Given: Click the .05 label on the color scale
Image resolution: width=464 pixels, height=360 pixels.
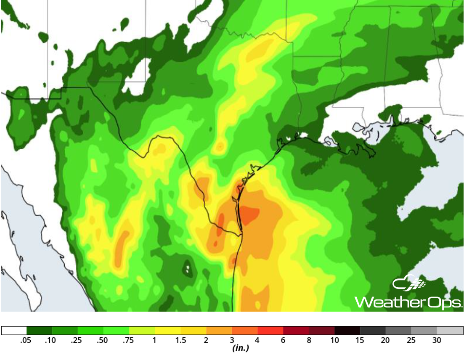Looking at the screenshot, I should click(x=26, y=340).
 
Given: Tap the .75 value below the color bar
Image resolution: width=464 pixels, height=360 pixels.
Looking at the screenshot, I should click(x=129, y=340).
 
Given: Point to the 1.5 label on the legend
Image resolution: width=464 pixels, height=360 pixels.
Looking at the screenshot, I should click(x=180, y=340).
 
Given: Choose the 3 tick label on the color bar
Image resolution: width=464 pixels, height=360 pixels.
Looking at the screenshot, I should click(x=232, y=340).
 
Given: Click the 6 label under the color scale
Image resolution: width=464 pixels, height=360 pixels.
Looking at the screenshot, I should click(x=283, y=340).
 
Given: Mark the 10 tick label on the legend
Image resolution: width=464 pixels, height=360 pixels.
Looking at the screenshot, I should click(x=334, y=340).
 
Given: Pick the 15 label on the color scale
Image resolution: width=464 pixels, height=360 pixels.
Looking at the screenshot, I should click(x=360, y=340).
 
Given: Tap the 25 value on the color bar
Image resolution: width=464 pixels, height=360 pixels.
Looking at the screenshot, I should click(x=411, y=340).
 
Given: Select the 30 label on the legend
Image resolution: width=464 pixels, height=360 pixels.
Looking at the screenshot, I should click(x=437, y=340).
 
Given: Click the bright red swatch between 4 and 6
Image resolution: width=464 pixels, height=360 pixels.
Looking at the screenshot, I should click(x=270, y=331).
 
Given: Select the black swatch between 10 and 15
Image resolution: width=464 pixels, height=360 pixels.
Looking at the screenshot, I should click(x=347, y=331).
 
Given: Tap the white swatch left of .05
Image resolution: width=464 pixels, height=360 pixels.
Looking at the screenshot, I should click(x=14, y=331).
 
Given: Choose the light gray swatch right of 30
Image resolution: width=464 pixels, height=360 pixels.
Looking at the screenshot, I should click(x=450, y=331).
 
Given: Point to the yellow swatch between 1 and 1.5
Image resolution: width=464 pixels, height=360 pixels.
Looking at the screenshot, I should click(x=167, y=331).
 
